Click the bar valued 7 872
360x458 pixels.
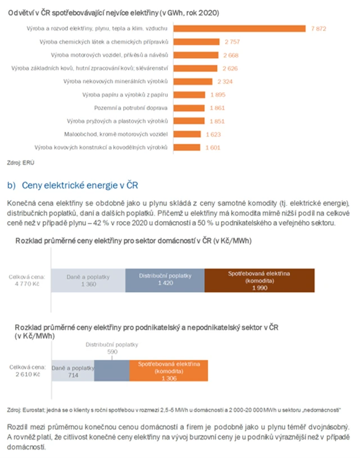[x=239, y=29]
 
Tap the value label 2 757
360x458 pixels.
[x=232, y=42]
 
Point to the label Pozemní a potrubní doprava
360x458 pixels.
[x=131, y=107]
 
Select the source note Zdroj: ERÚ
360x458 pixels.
[x=21, y=161]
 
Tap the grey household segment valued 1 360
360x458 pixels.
[x=87, y=280]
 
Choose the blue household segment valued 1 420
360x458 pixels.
[x=164, y=280]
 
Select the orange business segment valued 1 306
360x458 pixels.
[x=169, y=371]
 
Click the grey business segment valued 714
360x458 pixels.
[x=73, y=371]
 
